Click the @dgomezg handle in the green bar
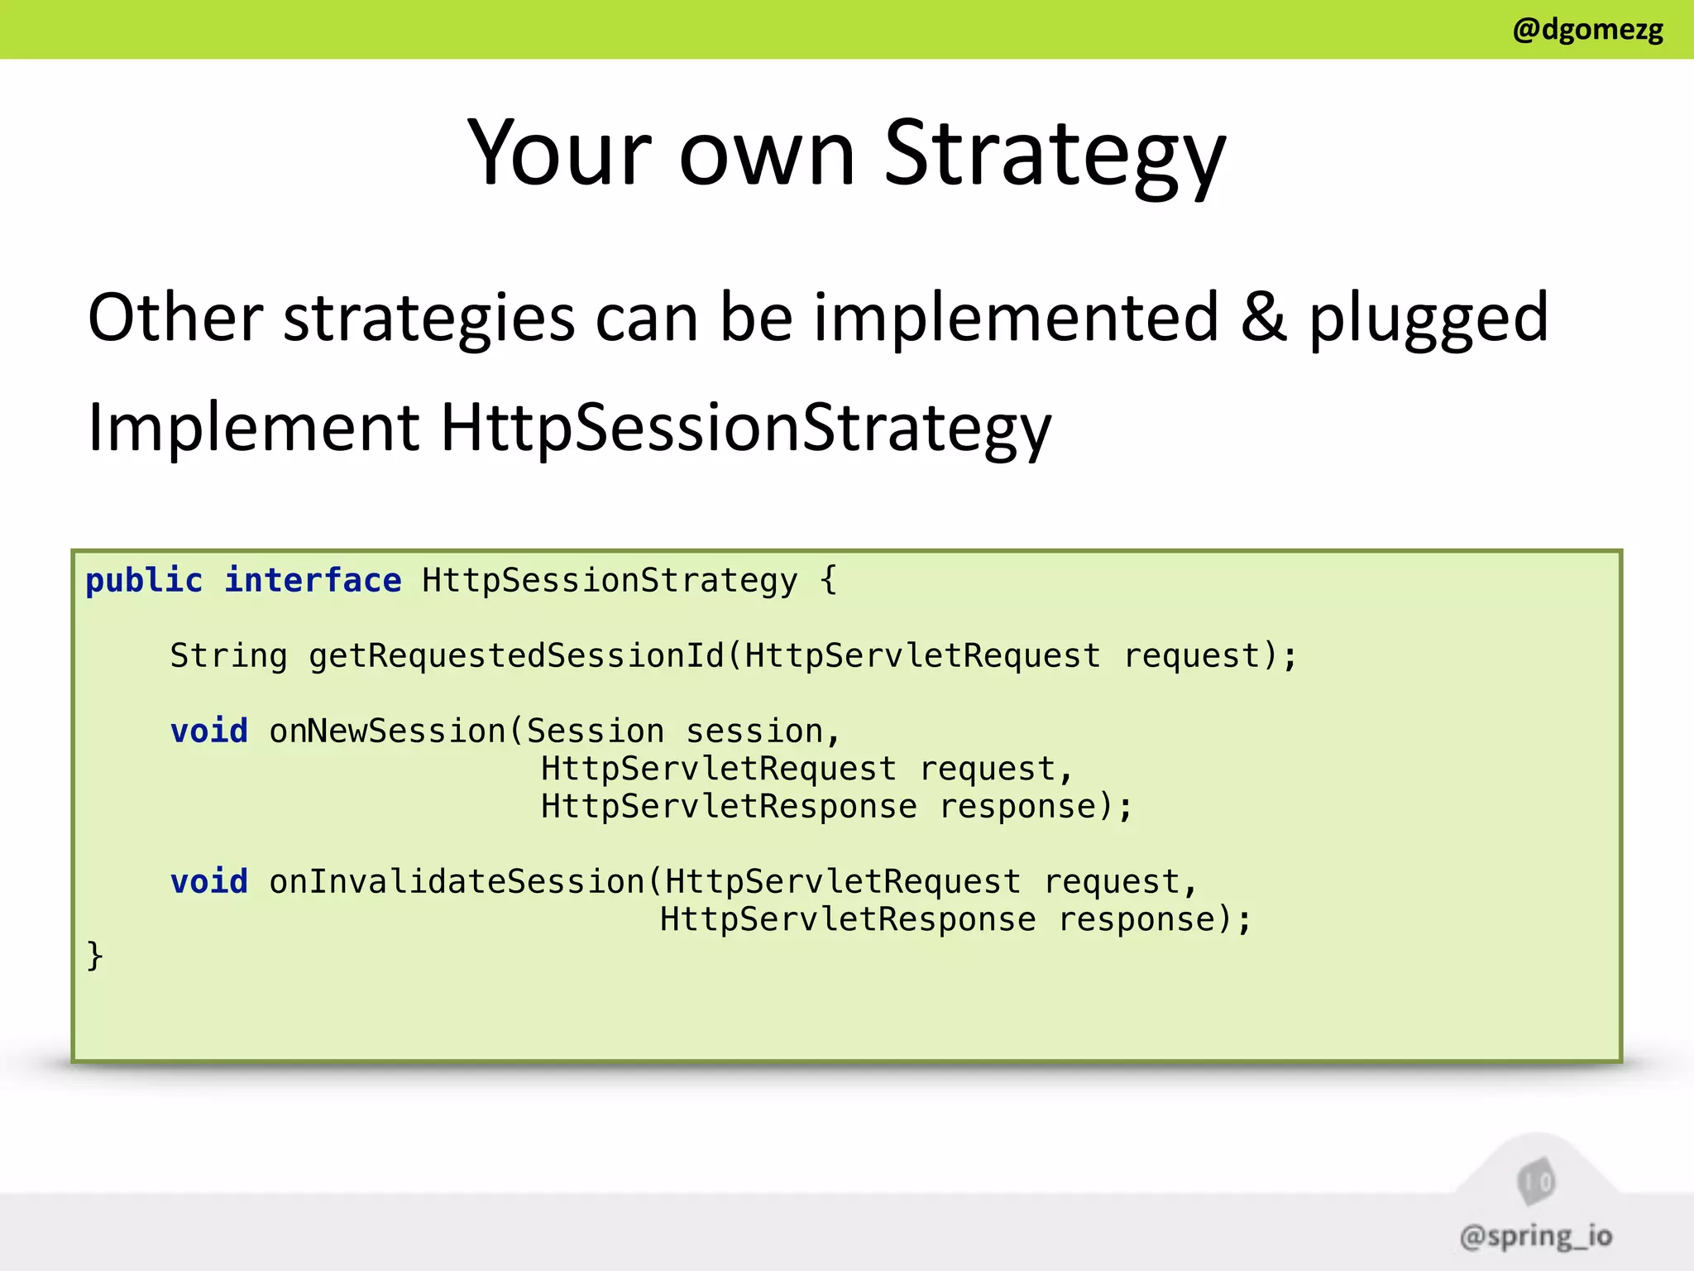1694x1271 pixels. pos(1586,30)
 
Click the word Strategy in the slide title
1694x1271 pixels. pos(1055,155)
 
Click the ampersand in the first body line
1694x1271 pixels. pos(1263,317)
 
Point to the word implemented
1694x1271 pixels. pos(1016,319)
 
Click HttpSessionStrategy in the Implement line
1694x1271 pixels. pos(745,429)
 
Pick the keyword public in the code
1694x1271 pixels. pos(144,581)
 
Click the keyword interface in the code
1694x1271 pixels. pos(313,581)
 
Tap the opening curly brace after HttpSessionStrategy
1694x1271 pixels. pos(829,581)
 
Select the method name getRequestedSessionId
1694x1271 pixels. pos(516,656)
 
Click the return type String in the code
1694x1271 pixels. pos(228,656)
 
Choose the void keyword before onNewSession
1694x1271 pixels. pos(209,731)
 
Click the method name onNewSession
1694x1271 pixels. pos(387,731)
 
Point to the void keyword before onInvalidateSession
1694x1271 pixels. pos(209,882)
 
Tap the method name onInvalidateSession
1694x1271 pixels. pos(457,882)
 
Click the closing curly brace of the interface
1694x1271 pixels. pos(94,956)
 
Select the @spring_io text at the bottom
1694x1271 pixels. pos(1536,1236)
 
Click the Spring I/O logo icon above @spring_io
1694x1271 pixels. pos(1536,1182)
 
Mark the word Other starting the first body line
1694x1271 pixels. pos(175,318)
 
